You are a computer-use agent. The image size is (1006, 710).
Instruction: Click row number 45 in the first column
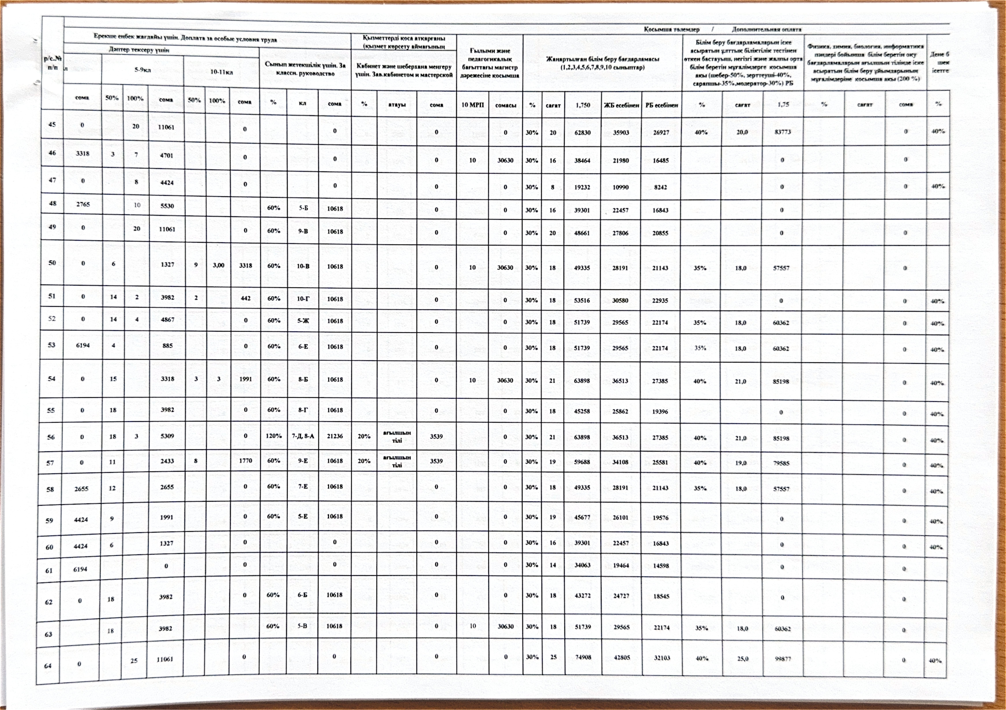click(52, 124)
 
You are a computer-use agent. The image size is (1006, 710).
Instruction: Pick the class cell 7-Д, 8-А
click(303, 436)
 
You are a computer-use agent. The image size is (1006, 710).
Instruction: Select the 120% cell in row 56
click(273, 436)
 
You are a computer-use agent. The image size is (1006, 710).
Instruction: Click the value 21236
click(335, 436)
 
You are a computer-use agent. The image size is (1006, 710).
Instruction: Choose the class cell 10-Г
click(303, 298)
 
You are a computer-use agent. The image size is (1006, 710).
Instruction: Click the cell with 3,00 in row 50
click(218, 265)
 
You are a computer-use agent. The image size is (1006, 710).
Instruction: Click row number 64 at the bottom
click(48, 666)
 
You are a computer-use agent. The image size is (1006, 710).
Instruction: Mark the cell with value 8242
click(660, 187)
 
